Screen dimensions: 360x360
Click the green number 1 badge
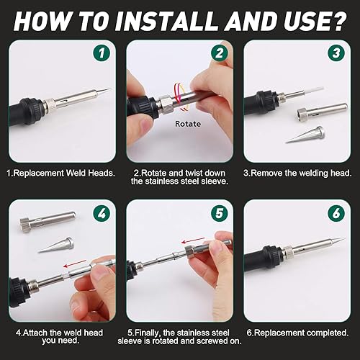(102, 53)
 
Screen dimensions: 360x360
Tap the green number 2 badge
(220, 53)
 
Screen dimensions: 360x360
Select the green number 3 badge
(336, 53)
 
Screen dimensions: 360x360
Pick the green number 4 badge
(102, 213)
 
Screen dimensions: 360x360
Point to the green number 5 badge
(220, 213)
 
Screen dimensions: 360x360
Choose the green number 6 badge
(336, 213)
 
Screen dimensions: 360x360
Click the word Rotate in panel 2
(188, 124)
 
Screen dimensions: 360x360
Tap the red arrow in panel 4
(75, 264)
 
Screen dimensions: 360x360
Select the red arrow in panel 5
(193, 240)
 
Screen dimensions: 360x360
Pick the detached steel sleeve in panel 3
(322, 110)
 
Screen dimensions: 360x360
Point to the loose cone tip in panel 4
(56, 246)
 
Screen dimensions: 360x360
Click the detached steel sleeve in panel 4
(48, 221)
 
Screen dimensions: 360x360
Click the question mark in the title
(338, 21)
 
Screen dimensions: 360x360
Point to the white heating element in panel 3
(314, 91)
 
